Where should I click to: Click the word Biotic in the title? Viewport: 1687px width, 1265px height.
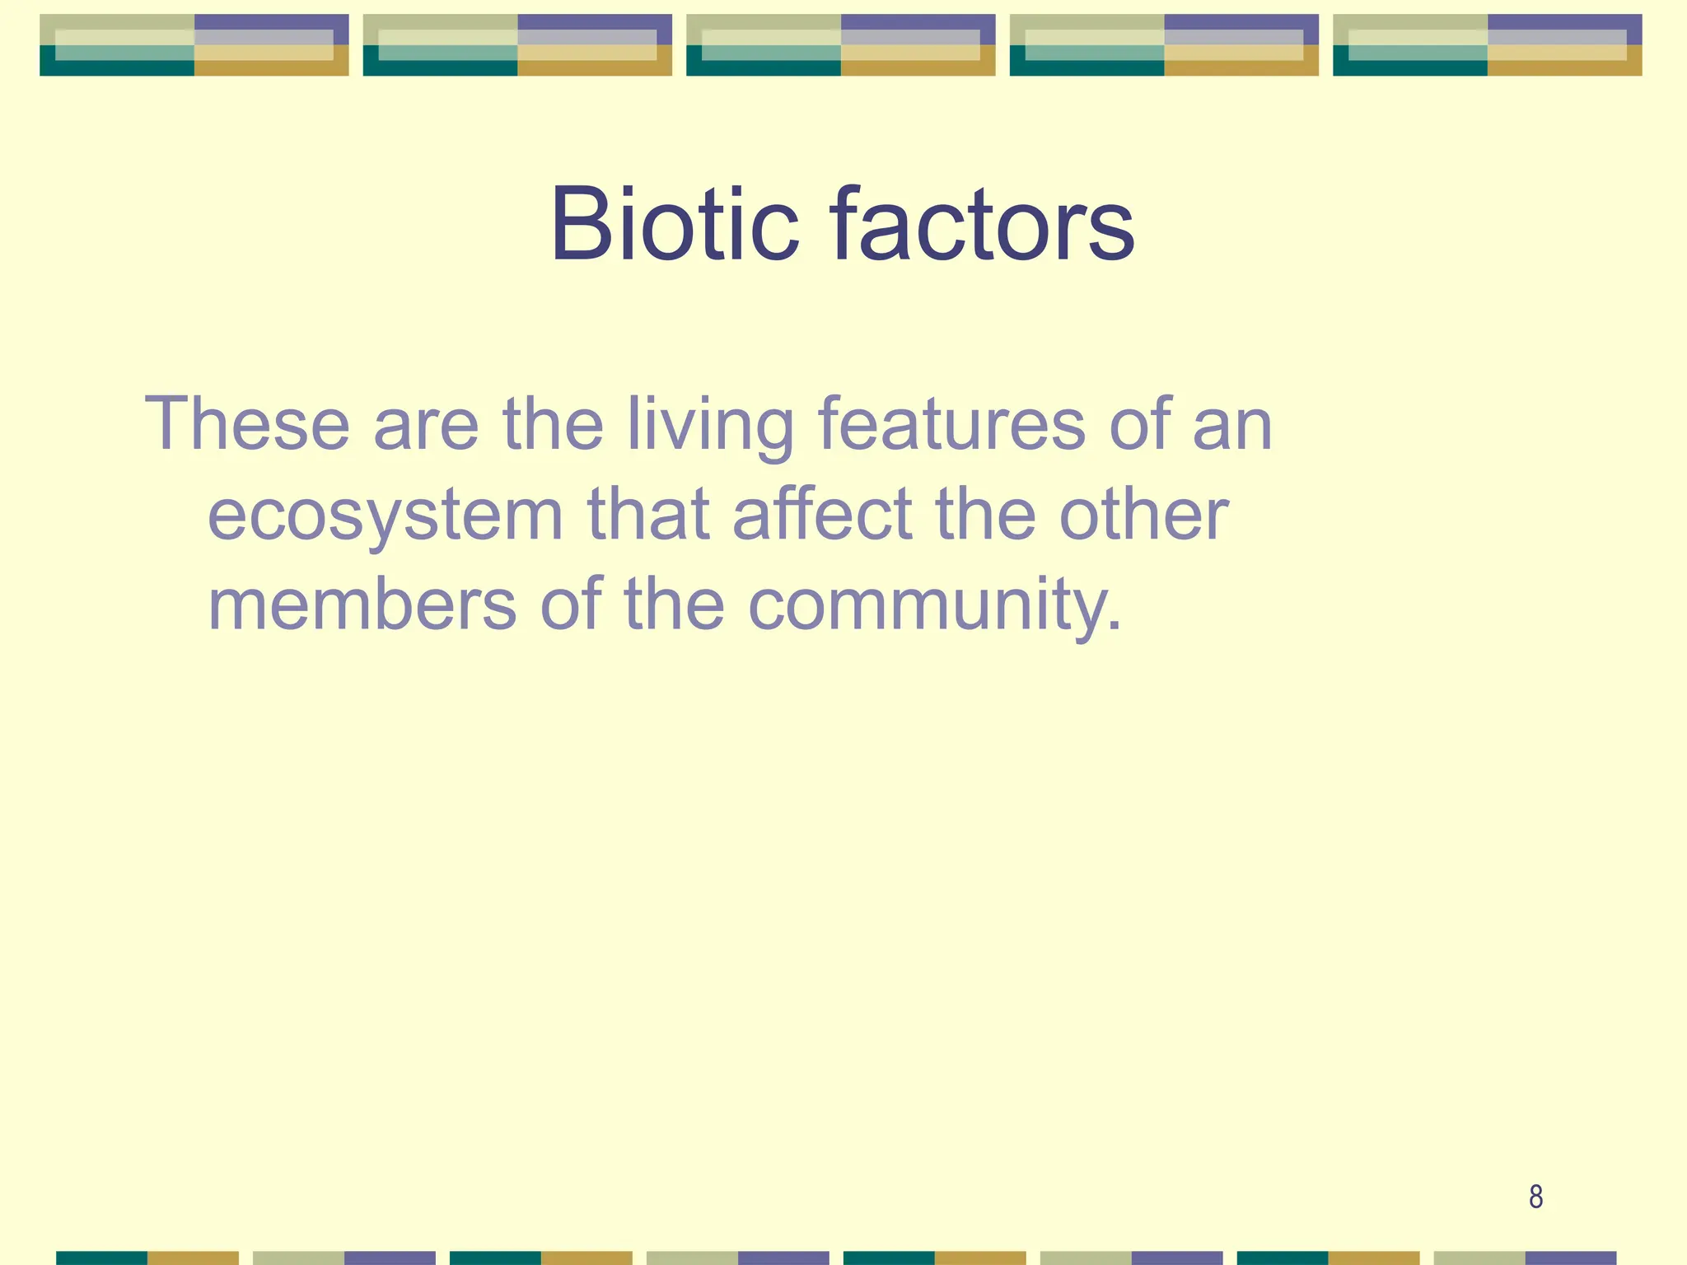pos(674,224)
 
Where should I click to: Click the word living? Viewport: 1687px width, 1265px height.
pos(709,427)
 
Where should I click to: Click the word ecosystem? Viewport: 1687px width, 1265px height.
pos(385,517)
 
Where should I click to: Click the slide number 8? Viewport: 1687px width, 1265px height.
pos(1535,1197)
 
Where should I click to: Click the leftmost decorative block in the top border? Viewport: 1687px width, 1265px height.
pos(194,45)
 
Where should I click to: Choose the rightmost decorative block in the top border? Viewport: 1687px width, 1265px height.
pos(1487,45)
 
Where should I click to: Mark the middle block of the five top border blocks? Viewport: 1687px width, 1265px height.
pos(840,45)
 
